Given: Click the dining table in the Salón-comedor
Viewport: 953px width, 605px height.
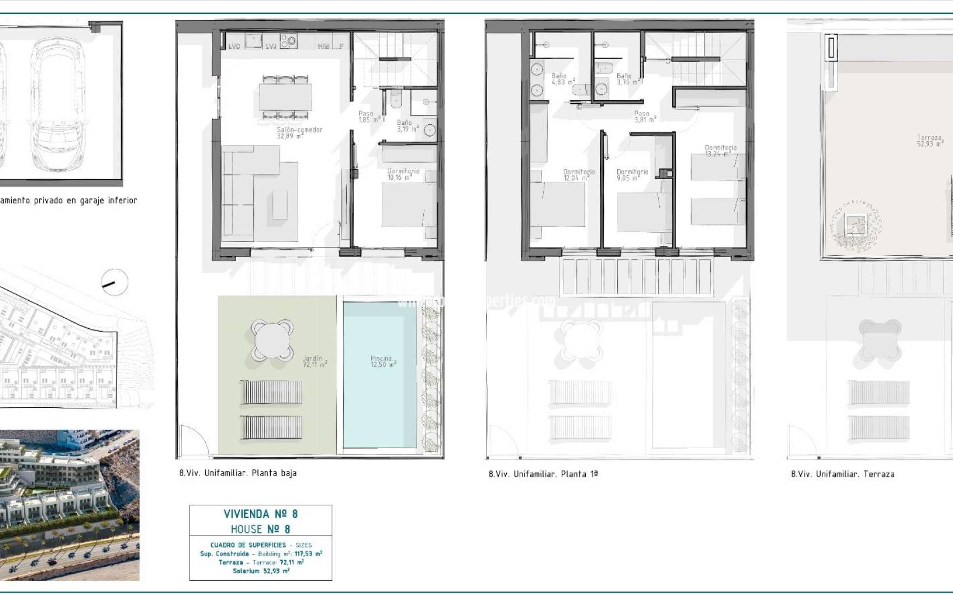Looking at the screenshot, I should click(285, 97).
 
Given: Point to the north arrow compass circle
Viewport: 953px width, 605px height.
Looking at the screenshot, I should click(115, 283).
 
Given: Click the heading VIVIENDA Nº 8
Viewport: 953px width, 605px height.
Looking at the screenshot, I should click(261, 514).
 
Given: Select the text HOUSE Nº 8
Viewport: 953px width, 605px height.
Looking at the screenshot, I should click(261, 529).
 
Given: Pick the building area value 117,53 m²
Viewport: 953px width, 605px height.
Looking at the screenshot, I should click(308, 553).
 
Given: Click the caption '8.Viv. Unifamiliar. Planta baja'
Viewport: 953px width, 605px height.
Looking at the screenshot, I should click(238, 473).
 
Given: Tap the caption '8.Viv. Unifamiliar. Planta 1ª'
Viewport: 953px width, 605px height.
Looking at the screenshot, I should click(543, 474).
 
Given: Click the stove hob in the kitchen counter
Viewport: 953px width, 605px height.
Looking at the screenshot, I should click(289, 41).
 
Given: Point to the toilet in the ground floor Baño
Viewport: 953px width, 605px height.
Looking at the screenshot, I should click(396, 100).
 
